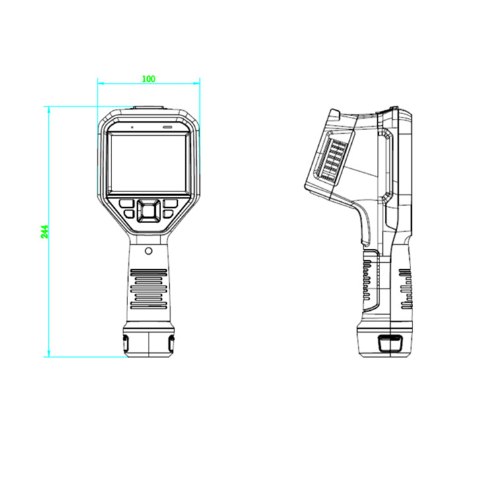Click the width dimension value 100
(x=148, y=79)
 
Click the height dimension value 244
(x=45, y=232)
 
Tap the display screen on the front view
(x=148, y=163)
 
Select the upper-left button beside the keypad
(x=127, y=204)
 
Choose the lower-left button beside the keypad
(x=129, y=214)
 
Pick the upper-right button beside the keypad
(x=170, y=204)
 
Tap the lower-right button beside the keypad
(x=168, y=214)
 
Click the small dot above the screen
(x=132, y=127)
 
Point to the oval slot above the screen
(x=168, y=127)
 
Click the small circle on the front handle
(x=148, y=251)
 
